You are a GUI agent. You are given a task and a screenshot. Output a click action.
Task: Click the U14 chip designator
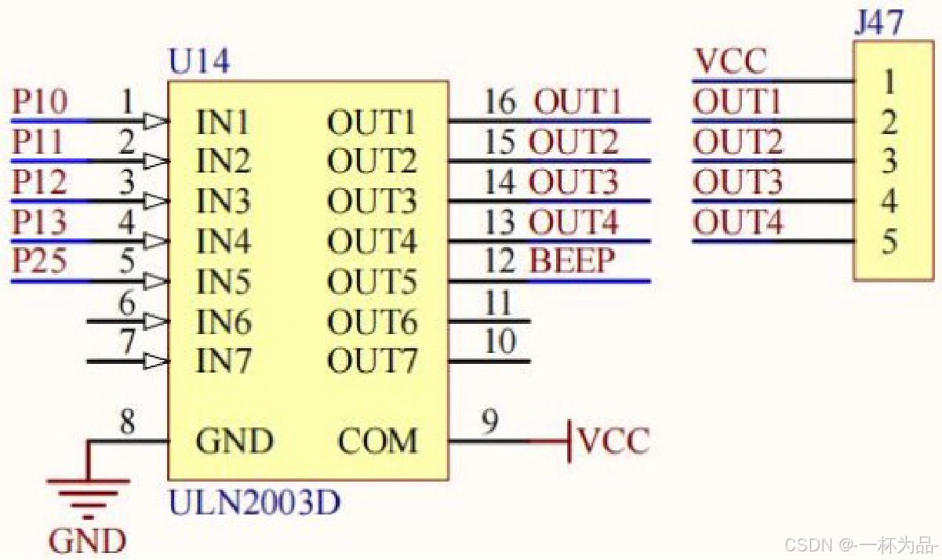click(199, 62)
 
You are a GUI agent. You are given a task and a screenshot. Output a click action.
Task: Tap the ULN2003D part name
click(254, 503)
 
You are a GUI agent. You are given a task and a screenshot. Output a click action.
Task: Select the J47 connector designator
click(878, 22)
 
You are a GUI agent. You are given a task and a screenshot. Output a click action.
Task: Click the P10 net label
click(40, 101)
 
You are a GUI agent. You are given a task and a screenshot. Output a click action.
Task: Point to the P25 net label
click(40, 260)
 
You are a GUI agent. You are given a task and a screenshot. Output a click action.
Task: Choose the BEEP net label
click(573, 260)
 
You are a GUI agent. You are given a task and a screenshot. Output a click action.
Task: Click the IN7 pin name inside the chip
click(224, 361)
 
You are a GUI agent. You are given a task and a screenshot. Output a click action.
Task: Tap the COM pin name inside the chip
click(377, 441)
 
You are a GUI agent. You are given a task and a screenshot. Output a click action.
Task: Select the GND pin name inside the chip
click(235, 441)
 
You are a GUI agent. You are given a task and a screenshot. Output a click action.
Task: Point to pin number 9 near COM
click(490, 421)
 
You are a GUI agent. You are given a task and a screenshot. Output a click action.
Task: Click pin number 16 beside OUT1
click(500, 101)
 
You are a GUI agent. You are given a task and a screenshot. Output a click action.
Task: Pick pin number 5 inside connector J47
click(889, 241)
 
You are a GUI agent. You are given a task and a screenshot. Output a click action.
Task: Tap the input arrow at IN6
click(155, 322)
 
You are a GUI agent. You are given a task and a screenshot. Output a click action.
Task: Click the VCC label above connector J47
click(731, 62)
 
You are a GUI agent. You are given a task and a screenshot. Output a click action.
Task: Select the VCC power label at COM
click(614, 441)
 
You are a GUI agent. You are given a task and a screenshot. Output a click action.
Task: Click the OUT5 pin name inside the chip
click(372, 282)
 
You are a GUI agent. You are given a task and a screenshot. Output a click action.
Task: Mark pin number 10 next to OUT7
click(500, 341)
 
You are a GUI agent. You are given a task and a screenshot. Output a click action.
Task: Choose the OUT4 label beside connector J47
click(738, 221)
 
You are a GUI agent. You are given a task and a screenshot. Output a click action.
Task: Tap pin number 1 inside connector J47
click(889, 82)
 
